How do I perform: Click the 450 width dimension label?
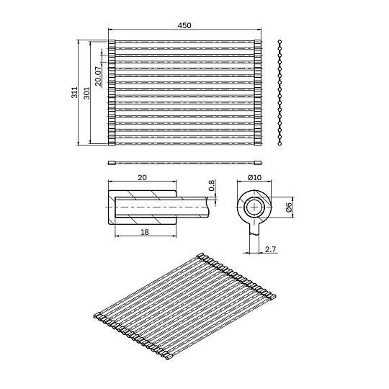point(184,25)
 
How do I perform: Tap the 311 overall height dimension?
point(75,92)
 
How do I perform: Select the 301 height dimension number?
point(86,93)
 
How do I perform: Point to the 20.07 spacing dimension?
point(98,76)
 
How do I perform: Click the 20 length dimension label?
point(142,178)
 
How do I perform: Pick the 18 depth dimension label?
point(145,232)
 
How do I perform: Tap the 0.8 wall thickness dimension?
point(211,186)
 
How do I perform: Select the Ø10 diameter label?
point(254,178)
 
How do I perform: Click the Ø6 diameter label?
point(289,207)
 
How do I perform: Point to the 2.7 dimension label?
point(270,249)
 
